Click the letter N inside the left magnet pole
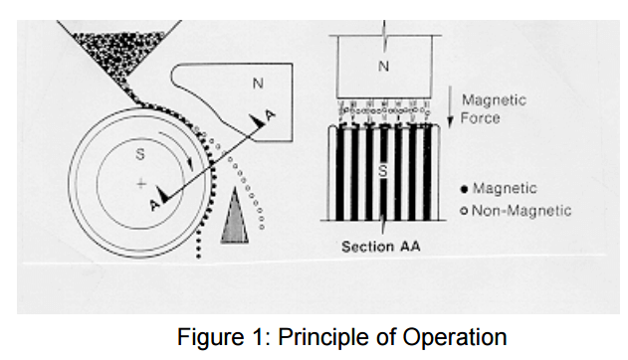258,85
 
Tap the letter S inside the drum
139,154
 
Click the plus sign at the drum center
141,184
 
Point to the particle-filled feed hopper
109,55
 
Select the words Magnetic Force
494,108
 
